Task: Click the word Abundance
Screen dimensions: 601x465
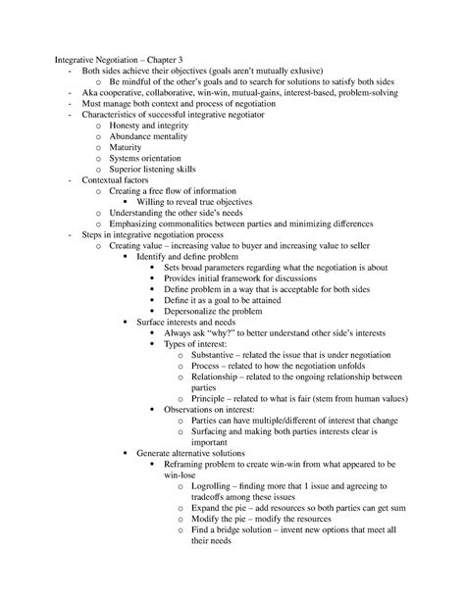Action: click(x=132, y=144)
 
